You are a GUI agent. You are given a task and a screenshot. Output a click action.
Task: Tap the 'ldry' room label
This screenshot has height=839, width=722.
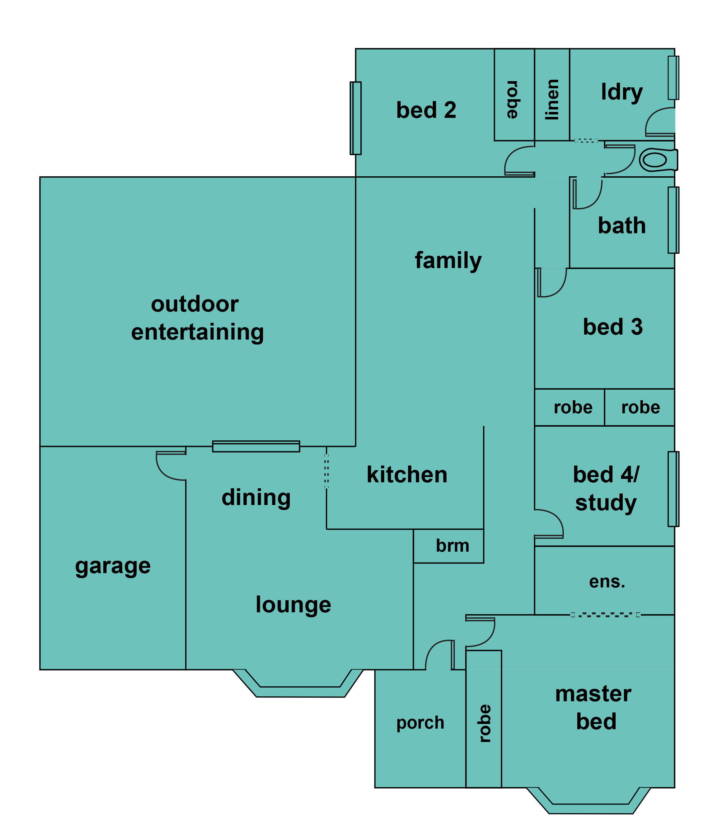click(x=621, y=93)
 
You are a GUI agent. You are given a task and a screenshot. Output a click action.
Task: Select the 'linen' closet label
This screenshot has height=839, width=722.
click(x=552, y=100)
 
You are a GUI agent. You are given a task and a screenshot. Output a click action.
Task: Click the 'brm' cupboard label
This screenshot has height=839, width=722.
click(x=452, y=546)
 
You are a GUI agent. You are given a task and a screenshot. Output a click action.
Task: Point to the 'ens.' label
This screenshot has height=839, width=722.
click(x=607, y=582)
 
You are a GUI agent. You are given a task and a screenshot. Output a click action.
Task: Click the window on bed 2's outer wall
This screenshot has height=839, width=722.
click(x=355, y=118)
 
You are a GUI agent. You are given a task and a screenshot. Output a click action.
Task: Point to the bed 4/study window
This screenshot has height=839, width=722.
click(x=673, y=489)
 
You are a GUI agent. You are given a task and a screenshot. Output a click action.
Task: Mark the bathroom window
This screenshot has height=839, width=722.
click(x=673, y=220)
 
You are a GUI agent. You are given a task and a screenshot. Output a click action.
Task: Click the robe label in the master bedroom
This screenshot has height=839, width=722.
click(x=485, y=723)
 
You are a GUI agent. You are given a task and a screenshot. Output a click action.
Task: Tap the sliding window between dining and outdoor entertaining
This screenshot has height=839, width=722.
click(x=256, y=446)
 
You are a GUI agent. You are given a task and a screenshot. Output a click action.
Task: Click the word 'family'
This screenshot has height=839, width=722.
click(x=448, y=261)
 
